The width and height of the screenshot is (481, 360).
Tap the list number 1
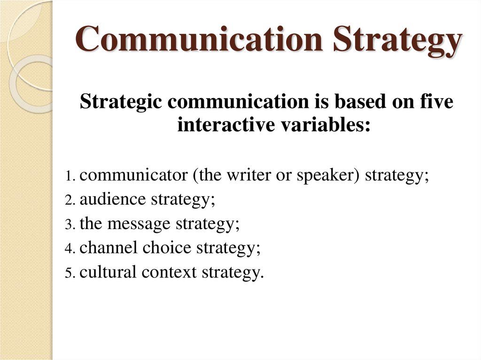[70, 177]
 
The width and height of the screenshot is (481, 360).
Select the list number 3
[70, 225]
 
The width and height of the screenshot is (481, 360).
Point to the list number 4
[70, 249]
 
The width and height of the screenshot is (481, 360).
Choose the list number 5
[70, 273]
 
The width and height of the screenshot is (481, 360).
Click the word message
[140, 224]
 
